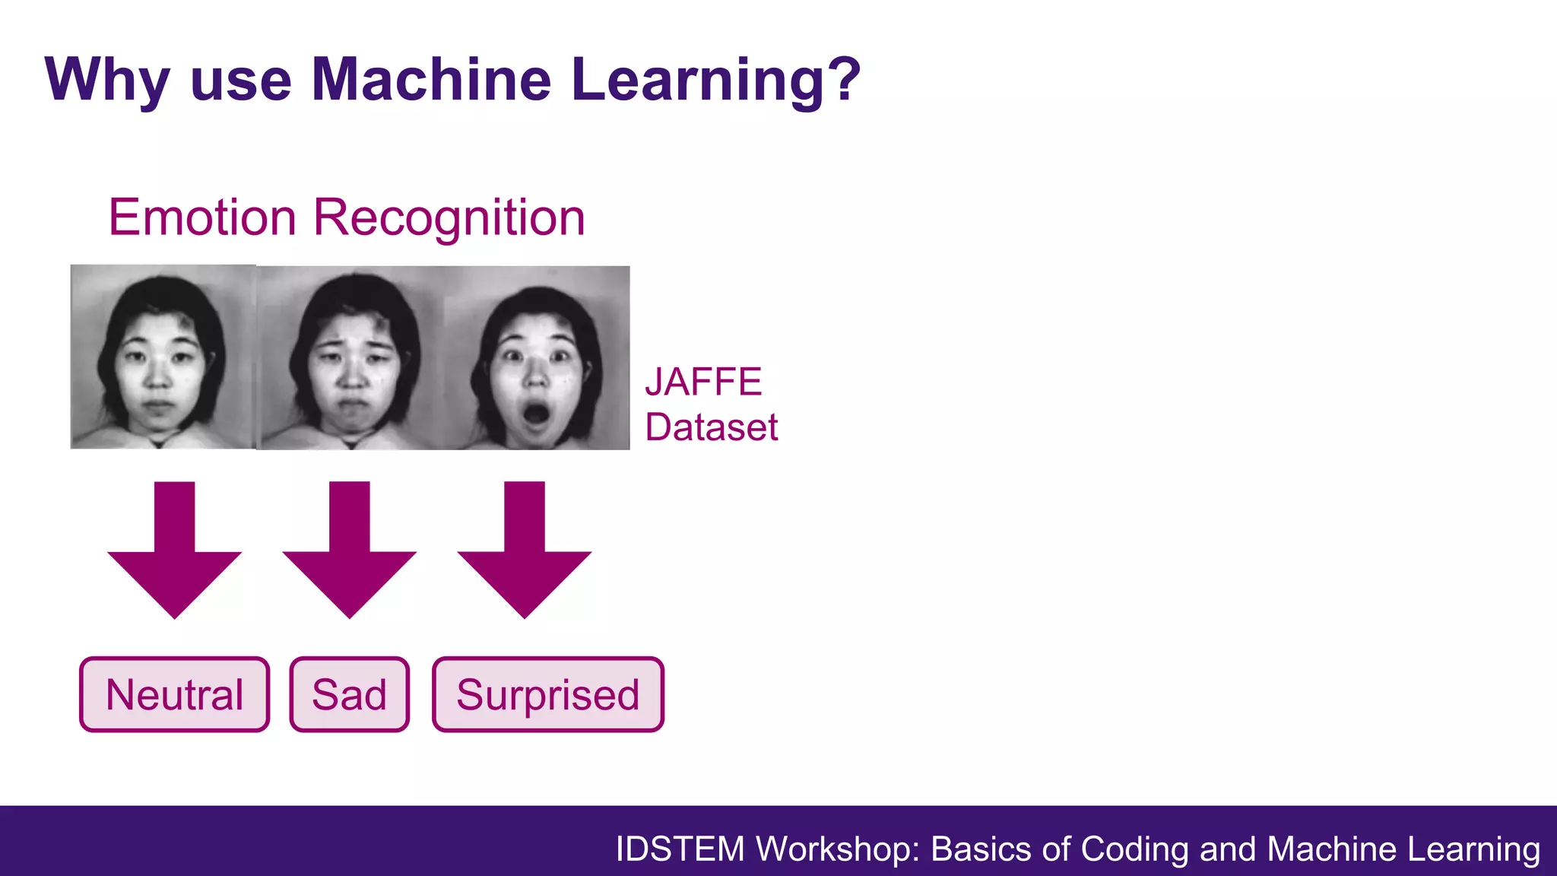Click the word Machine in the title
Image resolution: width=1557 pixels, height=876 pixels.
point(431,79)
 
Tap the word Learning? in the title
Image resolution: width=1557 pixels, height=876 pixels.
point(715,79)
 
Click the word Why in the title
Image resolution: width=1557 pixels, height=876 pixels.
point(106,79)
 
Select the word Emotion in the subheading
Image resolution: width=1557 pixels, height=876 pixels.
point(202,218)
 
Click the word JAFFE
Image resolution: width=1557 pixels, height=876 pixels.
point(703,382)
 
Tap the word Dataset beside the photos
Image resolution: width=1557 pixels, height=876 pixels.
point(711,427)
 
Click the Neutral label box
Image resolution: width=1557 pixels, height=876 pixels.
point(174,694)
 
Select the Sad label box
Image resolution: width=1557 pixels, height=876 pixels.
point(349,694)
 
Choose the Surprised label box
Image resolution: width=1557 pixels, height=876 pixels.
point(547,694)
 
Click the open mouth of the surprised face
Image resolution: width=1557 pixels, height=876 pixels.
point(536,414)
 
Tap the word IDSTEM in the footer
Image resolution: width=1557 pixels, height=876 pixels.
point(680,849)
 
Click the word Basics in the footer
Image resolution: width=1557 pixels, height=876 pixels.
point(981,849)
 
